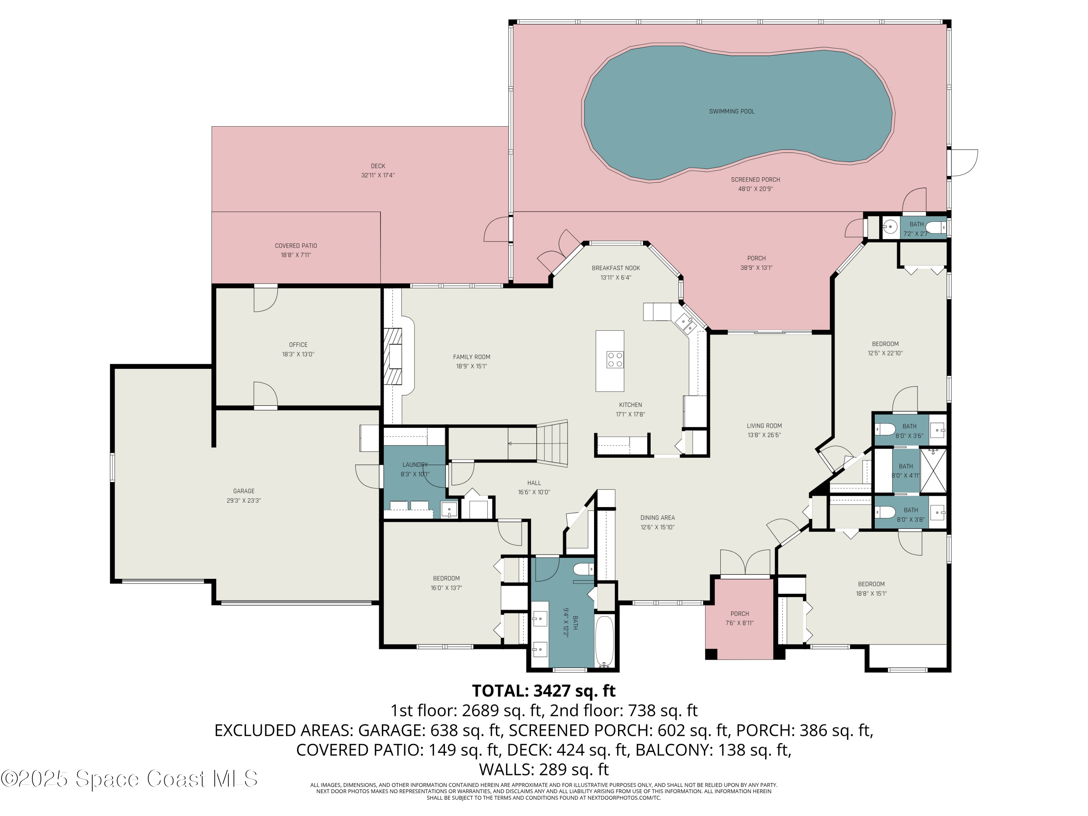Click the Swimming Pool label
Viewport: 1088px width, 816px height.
click(x=731, y=111)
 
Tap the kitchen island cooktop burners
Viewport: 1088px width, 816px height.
click(x=615, y=359)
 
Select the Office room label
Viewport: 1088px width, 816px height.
click(x=298, y=345)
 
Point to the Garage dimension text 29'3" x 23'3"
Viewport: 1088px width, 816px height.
click(x=244, y=501)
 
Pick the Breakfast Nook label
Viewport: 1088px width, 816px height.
click(x=616, y=268)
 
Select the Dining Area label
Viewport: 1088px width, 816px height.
click(x=657, y=518)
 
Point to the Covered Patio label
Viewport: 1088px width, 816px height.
click(x=296, y=246)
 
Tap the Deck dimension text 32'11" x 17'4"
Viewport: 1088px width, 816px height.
click(x=378, y=175)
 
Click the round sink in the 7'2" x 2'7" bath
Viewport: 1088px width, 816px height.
click(x=890, y=227)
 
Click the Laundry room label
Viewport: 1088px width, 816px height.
click(x=415, y=465)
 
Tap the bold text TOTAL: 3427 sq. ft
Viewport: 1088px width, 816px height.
click(x=544, y=691)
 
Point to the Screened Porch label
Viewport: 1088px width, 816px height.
click(x=755, y=180)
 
